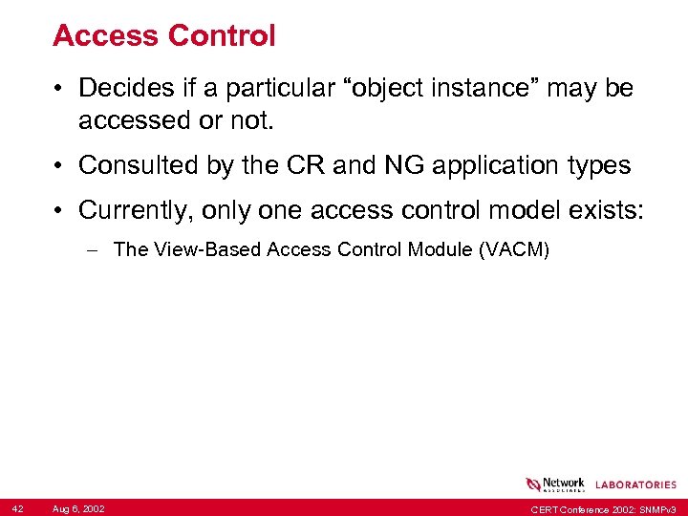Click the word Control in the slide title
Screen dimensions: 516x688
[x=222, y=36]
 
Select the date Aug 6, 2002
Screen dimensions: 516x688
[x=79, y=508]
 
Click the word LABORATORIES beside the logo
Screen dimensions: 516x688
[x=635, y=484]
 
